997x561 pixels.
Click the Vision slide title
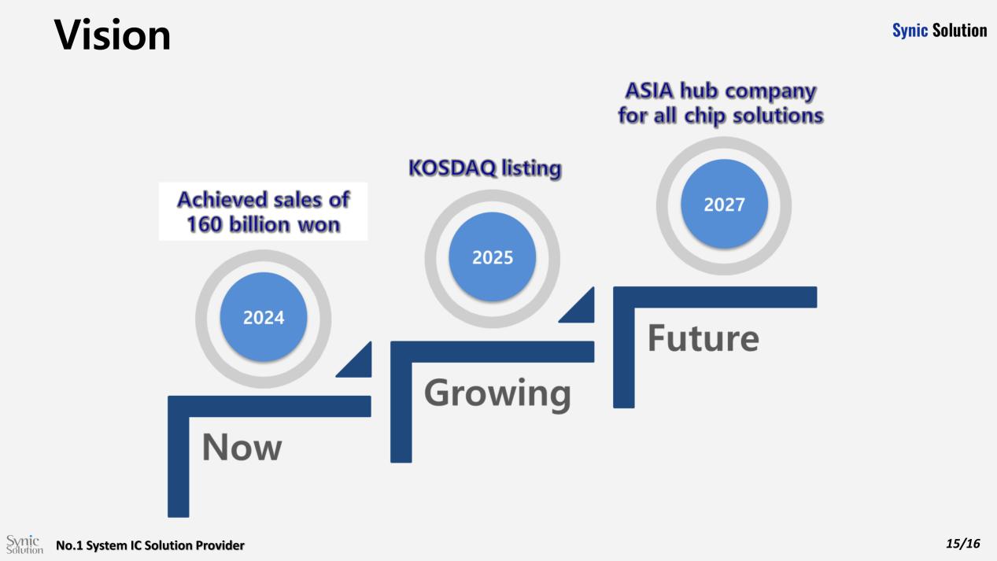tap(113, 35)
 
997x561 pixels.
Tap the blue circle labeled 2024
tap(264, 317)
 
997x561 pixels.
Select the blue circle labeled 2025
tap(493, 257)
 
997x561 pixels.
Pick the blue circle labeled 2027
tap(724, 204)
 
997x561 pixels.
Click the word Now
tap(242, 447)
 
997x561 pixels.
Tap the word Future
tap(703, 338)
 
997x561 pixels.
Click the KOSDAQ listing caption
tap(486, 168)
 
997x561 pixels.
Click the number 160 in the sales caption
tap(205, 223)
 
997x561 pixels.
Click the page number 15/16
tap(963, 543)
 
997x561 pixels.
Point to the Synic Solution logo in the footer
tap(24, 544)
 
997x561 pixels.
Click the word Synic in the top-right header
tap(910, 31)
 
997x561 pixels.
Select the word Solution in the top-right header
tap(959, 30)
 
